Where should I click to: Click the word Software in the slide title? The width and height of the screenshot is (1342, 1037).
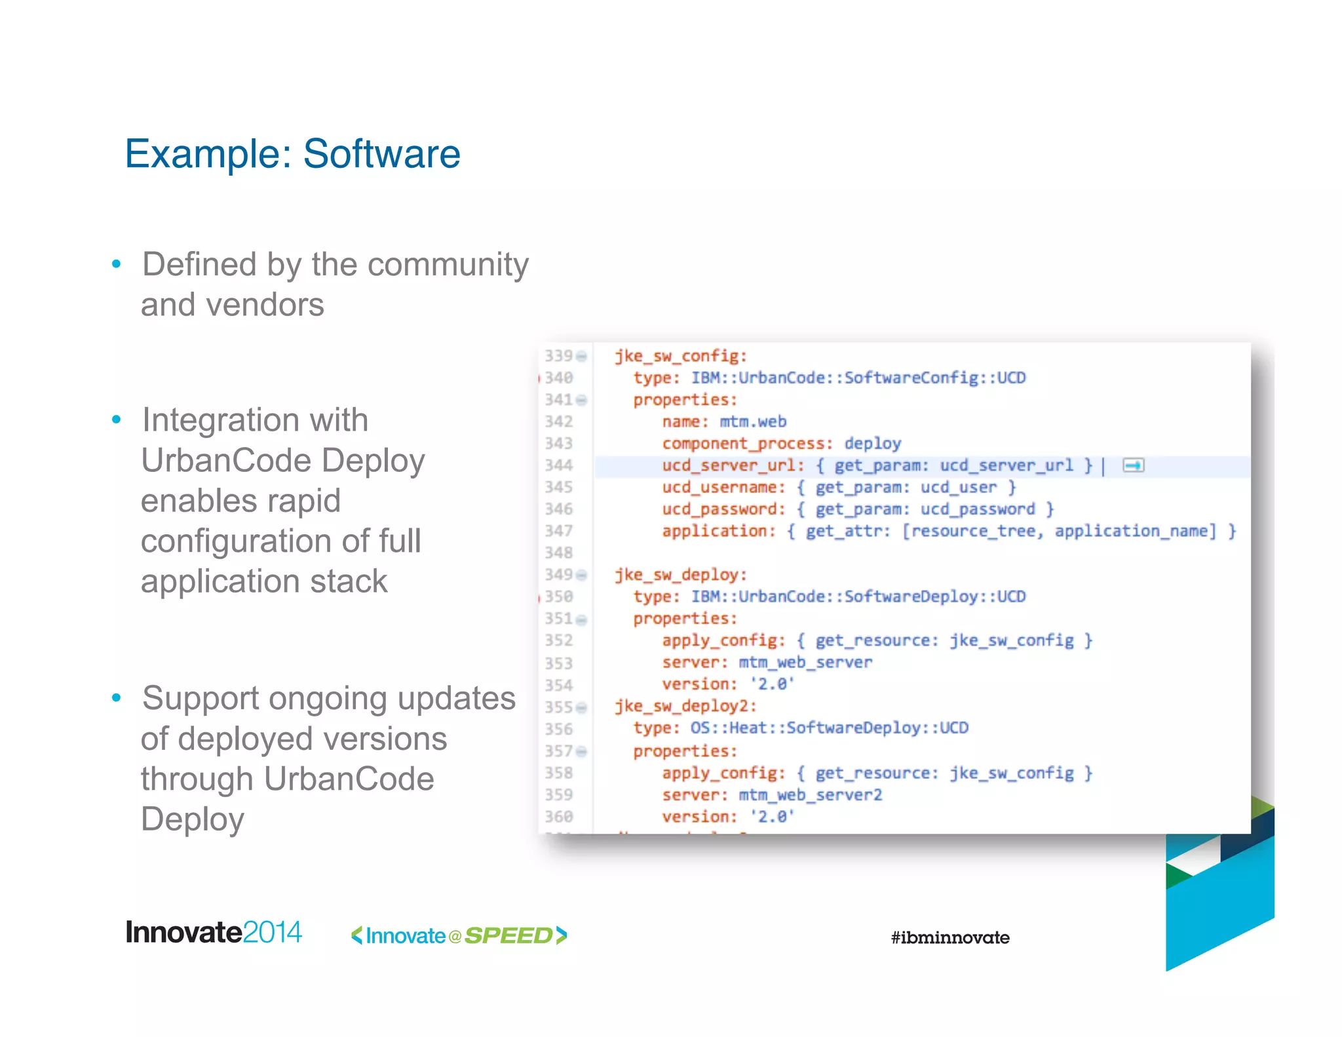pyautogui.click(x=381, y=154)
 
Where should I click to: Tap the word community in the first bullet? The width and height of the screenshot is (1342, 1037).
pyautogui.click(x=448, y=265)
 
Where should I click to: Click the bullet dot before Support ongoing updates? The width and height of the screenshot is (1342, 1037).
pyautogui.click(x=117, y=698)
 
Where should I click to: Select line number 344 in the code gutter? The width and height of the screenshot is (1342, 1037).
pyautogui.click(x=558, y=465)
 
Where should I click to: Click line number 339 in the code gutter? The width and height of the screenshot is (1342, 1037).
pyautogui.click(x=558, y=356)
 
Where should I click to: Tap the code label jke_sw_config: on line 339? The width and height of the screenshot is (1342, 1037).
pyautogui.click(x=680, y=356)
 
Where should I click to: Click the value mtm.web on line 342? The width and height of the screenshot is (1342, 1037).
pyautogui.click(x=753, y=421)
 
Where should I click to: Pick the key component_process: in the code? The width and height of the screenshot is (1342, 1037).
pyautogui.click(x=747, y=444)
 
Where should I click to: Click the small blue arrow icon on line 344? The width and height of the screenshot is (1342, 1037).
pyautogui.click(x=1133, y=465)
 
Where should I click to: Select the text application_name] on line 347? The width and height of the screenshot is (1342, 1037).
pyautogui.click(x=1135, y=531)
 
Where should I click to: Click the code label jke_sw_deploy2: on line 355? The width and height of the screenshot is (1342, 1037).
pyautogui.click(x=685, y=706)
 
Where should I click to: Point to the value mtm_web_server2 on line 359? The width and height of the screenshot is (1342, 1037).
pyautogui.click(x=811, y=795)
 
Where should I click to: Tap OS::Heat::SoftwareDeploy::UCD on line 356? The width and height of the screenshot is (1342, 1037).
pyautogui.click(x=829, y=728)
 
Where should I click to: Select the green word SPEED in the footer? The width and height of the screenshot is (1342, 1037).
pyautogui.click(x=508, y=936)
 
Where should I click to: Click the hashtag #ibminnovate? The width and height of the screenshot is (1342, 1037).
pyautogui.click(x=950, y=938)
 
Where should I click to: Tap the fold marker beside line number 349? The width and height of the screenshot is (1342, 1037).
pyautogui.click(x=581, y=576)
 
